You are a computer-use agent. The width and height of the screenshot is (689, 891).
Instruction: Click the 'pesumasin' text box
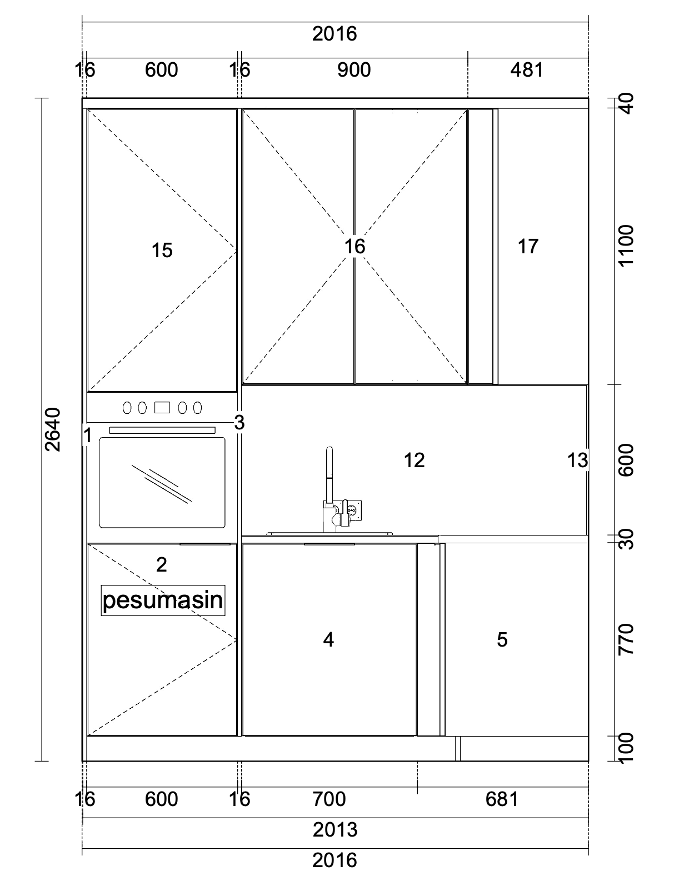pos(163,600)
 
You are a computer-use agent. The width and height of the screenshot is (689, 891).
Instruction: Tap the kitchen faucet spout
pos(329,475)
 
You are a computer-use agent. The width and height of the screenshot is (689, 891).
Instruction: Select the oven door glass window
pos(162,483)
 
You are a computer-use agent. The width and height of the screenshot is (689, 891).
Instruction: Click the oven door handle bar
pos(162,430)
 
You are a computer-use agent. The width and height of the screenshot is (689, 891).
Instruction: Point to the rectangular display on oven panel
pos(162,408)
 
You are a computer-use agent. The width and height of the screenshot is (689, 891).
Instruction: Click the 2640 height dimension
pos(52,430)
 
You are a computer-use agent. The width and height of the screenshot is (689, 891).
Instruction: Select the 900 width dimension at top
pos(354,70)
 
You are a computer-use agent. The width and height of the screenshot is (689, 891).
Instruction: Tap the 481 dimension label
pos(527,70)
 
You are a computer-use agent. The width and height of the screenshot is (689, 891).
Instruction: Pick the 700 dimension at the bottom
pos(329,799)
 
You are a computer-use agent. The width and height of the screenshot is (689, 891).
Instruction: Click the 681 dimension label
pos(502,799)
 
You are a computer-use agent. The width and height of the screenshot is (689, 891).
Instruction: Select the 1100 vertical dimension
pos(626,246)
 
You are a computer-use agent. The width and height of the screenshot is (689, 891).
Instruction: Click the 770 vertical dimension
pos(626,640)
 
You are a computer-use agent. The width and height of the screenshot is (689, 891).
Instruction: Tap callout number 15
pos(162,250)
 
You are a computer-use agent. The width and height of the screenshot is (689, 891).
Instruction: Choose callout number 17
pos(528,247)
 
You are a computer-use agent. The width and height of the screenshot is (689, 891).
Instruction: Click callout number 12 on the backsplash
pos(414,460)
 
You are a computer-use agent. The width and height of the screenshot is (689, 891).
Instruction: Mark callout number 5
pos(502,640)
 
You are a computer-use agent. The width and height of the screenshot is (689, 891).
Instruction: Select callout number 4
pos(328,640)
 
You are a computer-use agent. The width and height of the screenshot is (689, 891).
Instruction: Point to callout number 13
pos(578,460)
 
